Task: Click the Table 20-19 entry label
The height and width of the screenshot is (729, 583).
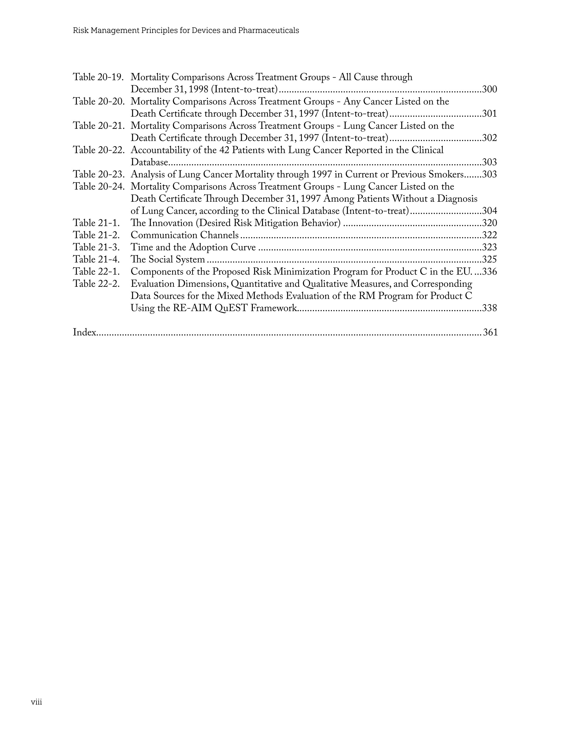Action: coord(98,77)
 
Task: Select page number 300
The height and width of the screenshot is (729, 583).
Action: coord(489,89)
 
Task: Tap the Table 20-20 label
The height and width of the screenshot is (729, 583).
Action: coord(99,102)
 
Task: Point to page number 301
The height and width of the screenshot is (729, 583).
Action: coord(489,114)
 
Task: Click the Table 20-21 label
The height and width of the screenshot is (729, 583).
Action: coord(99,126)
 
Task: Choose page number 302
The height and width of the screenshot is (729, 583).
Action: coord(489,138)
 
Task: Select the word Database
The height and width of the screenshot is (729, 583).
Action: coord(149,163)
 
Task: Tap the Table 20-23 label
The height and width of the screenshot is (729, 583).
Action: coord(99,175)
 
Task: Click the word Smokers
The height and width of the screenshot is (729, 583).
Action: coord(446,175)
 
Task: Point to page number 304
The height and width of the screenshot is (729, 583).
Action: coord(489,211)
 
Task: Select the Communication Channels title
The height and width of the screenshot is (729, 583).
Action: coord(185,236)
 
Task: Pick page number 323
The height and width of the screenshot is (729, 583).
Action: coord(489,248)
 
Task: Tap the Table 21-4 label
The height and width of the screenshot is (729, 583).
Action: coord(96,260)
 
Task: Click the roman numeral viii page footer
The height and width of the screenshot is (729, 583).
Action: coord(36,702)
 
